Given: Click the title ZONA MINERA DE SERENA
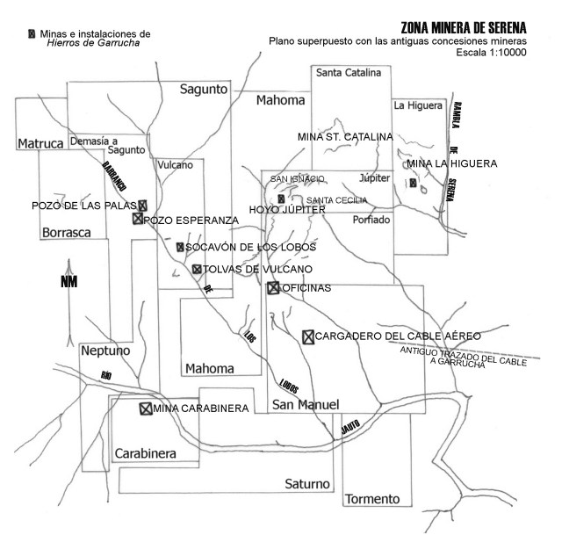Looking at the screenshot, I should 463,27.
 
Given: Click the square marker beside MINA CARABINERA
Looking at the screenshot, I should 145,408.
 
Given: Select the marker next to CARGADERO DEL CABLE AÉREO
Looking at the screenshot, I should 307,336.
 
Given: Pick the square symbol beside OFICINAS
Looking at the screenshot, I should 273,288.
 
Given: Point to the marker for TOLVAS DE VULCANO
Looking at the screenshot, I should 197,269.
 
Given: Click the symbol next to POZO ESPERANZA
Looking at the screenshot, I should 137,219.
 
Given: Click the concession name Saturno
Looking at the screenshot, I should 307,484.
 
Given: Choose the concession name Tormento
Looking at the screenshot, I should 372,499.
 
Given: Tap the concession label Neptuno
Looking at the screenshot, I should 105,351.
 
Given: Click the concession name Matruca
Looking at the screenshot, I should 40,141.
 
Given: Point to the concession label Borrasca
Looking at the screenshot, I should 65,232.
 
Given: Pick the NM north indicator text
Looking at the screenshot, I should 68,281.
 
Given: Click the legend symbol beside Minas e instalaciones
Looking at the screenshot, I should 32,34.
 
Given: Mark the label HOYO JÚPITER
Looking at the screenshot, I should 288,210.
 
